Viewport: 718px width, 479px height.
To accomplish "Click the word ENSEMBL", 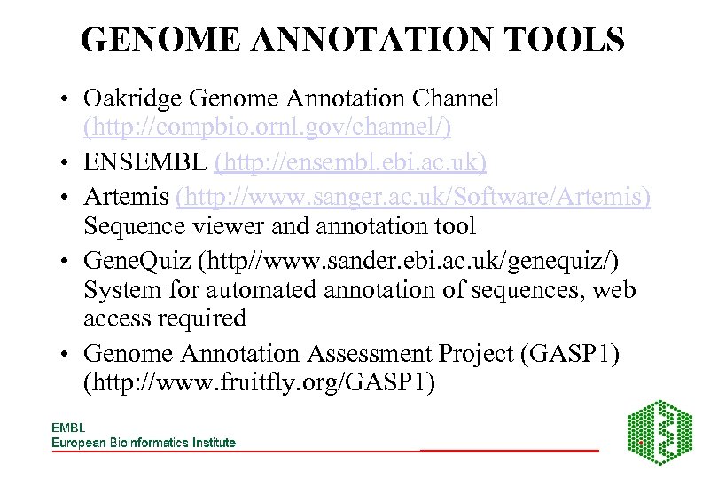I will [x=145, y=162].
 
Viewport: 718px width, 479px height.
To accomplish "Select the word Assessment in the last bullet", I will [x=369, y=353].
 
